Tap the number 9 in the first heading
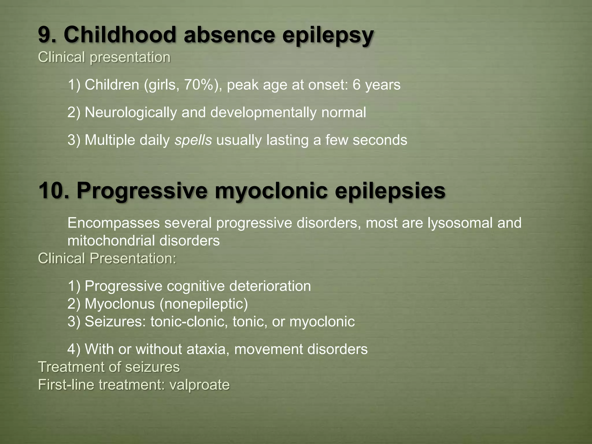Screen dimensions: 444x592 (44, 35)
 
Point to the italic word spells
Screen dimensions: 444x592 (193, 140)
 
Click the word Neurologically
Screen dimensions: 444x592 (131, 113)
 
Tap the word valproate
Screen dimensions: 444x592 (199, 385)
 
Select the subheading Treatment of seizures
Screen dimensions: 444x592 (109, 367)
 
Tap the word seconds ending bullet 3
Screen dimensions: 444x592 (380, 140)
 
